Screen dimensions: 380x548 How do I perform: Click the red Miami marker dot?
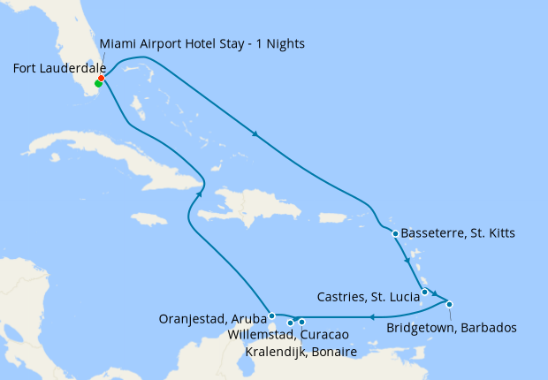[102, 78]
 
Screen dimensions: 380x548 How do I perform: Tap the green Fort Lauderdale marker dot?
[97, 85]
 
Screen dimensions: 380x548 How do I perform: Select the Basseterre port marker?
[395, 233]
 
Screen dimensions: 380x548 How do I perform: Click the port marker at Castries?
[425, 293]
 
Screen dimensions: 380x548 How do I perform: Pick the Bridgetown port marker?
[450, 305]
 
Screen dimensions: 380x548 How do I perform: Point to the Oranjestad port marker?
[271, 315]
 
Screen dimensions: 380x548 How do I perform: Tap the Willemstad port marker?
[290, 323]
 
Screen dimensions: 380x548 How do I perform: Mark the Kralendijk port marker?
[301, 322]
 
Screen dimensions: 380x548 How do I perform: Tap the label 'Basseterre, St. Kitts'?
[458, 233]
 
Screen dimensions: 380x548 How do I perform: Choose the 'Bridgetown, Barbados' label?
[452, 328]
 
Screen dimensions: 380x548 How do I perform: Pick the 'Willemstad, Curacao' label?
[287, 336]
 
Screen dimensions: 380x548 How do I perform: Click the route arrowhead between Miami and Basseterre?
[255, 134]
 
